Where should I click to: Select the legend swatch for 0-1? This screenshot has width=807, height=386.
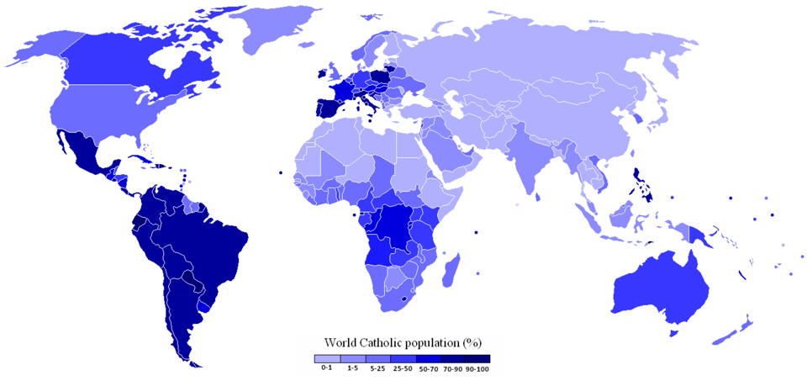pyautogui.click(x=325, y=358)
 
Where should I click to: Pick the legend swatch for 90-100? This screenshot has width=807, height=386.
pyautogui.click(x=477, y=358)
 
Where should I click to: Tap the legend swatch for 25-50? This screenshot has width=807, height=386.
pyautogui.click(x=401, y=358)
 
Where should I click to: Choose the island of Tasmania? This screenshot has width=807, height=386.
pyautogui.click(x=672, y=335)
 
